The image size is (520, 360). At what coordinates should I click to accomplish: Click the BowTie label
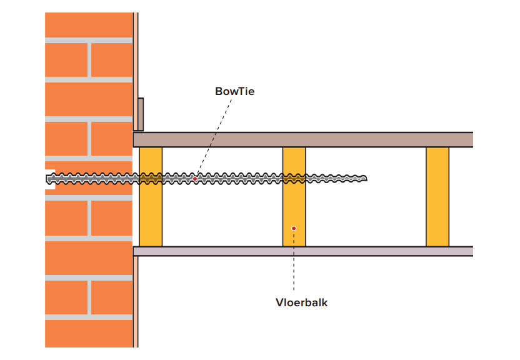click(x=234, y=91)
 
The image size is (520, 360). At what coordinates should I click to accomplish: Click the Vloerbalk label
click(x=301, y=302)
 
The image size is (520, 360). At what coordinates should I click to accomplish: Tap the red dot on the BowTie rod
click(x=195, y=179)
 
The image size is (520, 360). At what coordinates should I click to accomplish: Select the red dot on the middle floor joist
click(x=294, y=228)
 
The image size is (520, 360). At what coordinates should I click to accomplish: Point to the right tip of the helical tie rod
click(x=366, y=179)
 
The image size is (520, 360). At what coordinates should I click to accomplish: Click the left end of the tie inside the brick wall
click(x=49, y=179)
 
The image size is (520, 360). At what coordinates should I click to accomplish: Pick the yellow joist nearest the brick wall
click(x=151, y=212)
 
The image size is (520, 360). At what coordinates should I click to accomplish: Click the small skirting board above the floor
click(x=141, y=114)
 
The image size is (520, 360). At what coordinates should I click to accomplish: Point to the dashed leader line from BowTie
click(x=212, y=137)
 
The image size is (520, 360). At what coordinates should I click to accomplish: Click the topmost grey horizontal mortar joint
click(x=88, y=40)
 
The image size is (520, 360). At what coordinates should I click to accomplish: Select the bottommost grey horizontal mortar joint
click(x=88, y=317)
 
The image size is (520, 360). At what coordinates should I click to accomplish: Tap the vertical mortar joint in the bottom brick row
click(x=89, y=297)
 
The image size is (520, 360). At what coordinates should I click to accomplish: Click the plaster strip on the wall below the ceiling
click(x=135, y=300)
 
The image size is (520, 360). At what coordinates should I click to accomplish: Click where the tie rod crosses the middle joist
click(x=294, y=179)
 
